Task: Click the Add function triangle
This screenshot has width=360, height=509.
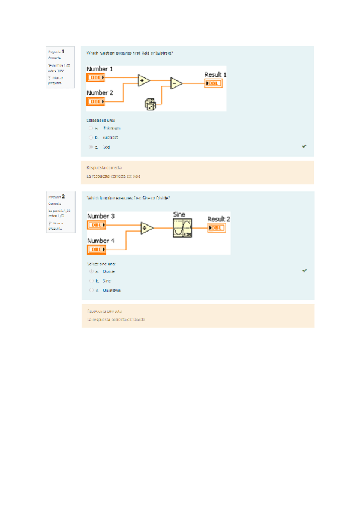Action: coord(143,80)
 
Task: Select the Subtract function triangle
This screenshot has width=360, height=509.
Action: coord(176,83)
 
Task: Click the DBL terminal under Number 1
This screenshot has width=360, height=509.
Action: coord(96,78)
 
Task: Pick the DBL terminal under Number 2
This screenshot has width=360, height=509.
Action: coord(96,101)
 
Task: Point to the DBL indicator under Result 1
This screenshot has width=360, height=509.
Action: coord(214,83)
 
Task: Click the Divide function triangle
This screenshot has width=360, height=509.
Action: coord(146,228)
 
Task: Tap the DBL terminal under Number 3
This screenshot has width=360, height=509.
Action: coord(97,225)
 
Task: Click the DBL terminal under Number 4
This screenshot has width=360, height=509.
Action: coord(97,249)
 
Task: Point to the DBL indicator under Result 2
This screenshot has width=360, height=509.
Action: coord(217,227)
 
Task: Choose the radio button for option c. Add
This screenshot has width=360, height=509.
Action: coord(91,147)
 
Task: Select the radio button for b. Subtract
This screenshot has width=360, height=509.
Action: coord(91,137)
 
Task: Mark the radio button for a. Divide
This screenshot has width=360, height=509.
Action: coord(91,271)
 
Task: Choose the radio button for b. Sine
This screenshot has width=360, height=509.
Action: coord(91,280)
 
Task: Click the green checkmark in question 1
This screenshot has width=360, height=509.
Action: coord(304,146)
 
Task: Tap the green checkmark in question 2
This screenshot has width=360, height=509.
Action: coord(304,271)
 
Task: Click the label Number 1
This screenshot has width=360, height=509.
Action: coord(100,70)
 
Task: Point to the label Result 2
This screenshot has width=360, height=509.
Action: coord(218,219)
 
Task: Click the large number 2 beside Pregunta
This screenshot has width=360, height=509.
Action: coord(63,196)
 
